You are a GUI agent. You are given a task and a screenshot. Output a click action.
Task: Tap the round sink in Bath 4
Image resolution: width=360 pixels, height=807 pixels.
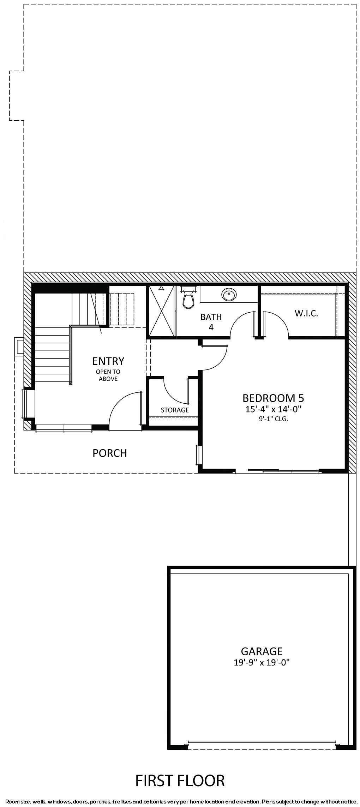coord(229,294)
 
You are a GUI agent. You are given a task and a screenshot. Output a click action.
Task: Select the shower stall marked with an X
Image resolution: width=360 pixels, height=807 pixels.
coord(162,311)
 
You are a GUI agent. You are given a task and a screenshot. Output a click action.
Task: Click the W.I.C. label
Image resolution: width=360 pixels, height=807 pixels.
coord(306,313)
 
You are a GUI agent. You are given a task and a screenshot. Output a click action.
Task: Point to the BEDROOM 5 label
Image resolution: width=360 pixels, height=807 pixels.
coord(273,398)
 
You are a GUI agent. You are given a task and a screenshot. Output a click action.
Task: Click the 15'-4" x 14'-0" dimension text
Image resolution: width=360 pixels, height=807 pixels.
coord(273,409)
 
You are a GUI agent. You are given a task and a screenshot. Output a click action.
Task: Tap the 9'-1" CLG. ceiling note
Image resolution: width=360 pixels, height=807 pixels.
coord(273,420)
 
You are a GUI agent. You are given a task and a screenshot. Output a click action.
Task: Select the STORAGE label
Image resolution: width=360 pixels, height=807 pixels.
coord(175,410)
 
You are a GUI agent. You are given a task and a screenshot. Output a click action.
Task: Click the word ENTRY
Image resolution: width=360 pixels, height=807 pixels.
coord(108,361)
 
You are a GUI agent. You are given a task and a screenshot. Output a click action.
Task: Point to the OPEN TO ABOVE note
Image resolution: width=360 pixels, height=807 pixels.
coord(108,375)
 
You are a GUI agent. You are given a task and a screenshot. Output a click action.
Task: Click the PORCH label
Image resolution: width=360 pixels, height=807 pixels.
coord(110,453)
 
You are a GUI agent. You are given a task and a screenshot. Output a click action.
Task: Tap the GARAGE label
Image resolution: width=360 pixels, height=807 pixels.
coord(262,651)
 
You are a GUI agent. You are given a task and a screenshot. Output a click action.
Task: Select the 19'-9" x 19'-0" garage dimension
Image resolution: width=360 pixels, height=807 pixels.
coord(262,662)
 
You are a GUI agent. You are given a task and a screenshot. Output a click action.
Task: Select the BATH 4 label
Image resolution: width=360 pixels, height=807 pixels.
coord(211,322)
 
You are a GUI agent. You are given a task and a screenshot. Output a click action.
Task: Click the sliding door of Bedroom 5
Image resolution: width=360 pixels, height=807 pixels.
coord(277,470)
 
